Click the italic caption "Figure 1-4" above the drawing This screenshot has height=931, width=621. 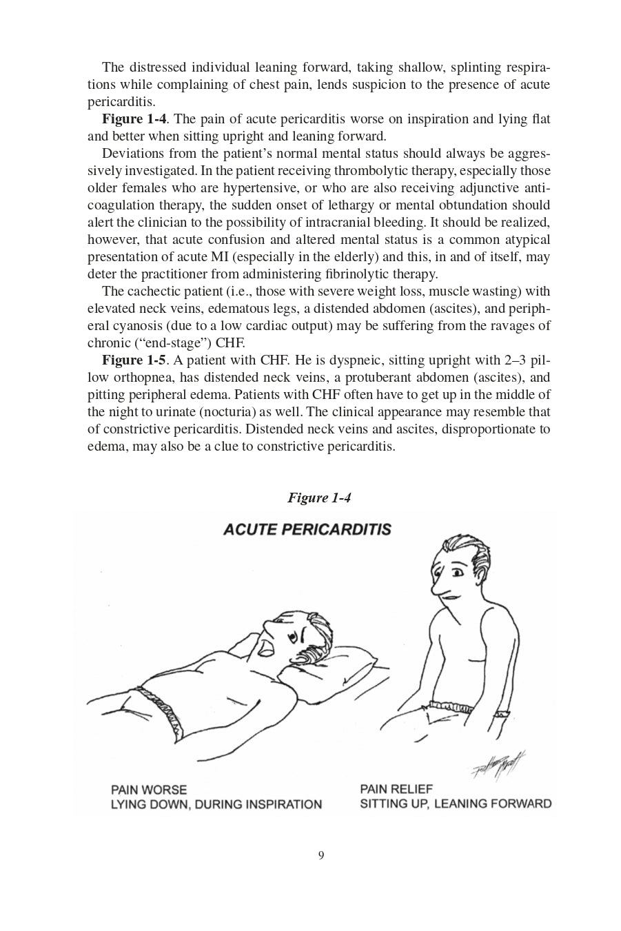319,498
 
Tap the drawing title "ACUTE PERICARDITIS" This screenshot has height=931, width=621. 307,529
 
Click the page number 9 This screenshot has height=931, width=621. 321,856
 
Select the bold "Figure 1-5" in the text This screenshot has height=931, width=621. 134,360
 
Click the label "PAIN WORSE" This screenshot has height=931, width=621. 148,789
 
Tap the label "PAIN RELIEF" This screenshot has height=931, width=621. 396,789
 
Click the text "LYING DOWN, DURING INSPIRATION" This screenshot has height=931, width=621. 216,804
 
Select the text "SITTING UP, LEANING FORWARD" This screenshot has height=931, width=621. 456,804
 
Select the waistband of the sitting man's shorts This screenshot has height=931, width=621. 448,706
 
